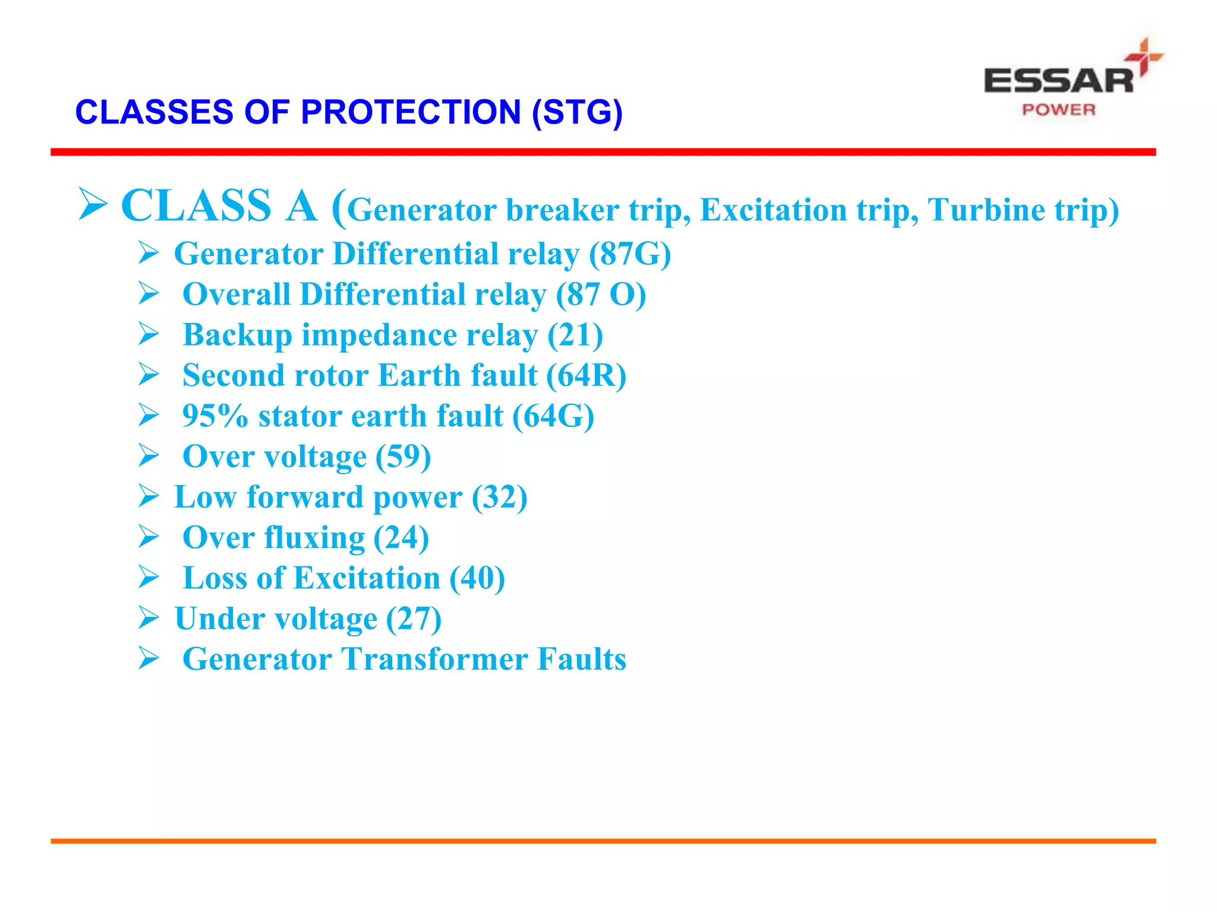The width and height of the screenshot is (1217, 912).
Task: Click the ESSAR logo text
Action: point(1058,81)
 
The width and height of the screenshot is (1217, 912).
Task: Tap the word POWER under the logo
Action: point(1058,110)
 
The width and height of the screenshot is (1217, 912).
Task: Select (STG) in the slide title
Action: point(577,112)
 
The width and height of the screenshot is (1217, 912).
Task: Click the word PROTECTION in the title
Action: point(411,112)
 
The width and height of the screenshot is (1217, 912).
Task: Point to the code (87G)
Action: point(630,254)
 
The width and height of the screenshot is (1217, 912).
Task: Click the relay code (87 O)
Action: point(601,294)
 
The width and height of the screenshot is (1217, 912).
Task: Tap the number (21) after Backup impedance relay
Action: point(575,335)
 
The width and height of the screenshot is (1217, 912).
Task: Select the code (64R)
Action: point(586,376)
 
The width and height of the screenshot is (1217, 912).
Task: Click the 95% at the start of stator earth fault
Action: point(215,416)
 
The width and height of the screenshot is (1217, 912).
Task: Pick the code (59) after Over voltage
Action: point(403,457)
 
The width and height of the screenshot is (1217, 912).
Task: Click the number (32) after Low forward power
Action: point(499,497)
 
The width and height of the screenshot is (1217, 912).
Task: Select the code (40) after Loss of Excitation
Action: point(477,578)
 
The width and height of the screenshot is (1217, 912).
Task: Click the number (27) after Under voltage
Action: point(414,619)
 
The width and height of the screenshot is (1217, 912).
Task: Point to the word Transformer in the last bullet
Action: point(434,659)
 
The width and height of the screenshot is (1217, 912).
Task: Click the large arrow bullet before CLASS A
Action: point(93,204)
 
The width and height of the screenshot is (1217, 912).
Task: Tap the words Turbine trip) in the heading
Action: point(1023,210)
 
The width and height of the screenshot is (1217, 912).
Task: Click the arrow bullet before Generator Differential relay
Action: point(149,254)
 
